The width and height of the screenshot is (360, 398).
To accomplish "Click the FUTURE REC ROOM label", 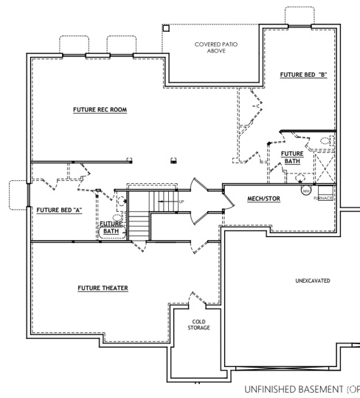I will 100,110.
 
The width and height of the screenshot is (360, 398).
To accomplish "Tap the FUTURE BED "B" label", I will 303,75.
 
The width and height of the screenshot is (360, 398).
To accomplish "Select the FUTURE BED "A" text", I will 58,210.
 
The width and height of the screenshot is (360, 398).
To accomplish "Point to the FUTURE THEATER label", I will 103,287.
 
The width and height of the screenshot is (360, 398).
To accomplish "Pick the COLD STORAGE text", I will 198,325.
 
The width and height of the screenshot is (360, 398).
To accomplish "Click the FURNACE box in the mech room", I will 324,198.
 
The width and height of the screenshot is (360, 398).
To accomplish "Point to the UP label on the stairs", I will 181,202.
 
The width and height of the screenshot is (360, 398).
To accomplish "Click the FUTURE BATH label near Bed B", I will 292,157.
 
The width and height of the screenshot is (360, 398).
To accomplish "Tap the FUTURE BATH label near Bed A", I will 111,227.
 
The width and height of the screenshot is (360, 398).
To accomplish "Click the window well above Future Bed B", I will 299,18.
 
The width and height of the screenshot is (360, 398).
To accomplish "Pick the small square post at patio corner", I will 165,27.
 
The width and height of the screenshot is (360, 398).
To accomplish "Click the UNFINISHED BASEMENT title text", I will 300,388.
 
